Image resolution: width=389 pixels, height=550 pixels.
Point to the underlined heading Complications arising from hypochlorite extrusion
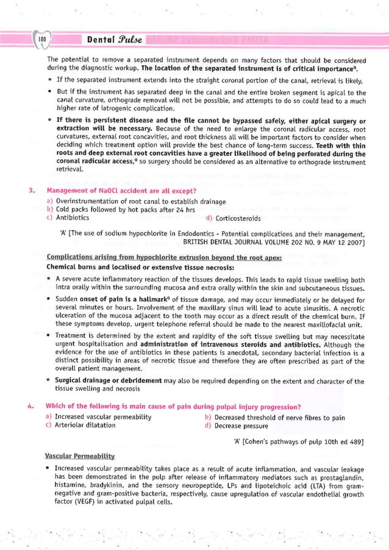(x=163, y=258)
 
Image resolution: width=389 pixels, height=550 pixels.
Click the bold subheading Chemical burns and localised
(x=119, y=266)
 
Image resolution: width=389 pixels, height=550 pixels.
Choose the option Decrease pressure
(x=241, y=426)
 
